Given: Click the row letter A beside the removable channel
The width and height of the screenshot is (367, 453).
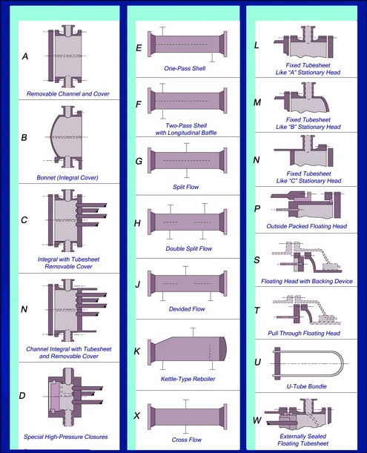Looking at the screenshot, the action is (x=25, y=56).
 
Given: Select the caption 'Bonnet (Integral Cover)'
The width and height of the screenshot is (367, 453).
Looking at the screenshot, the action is (x=67, y=177).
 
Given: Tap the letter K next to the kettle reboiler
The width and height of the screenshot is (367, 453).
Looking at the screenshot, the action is (x=137, y=351).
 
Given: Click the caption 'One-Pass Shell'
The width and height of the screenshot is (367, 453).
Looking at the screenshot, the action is (x=185, y=68).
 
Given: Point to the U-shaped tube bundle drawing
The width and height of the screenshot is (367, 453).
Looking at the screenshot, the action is (x=308, y=363).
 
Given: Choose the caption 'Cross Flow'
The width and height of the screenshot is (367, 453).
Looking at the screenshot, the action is (x=186, y=440).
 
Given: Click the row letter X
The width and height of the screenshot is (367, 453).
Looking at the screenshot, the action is (x=137, y=415).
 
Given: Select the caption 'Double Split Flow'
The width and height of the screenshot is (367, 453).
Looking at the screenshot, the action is (x=189, y=248).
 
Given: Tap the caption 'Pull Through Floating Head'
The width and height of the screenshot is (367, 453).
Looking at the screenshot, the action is (x=304, y=333).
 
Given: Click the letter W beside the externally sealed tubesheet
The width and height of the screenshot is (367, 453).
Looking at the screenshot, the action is (x=257, y=420).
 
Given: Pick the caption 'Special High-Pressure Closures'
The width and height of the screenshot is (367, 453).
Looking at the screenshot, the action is (x=65, y=437).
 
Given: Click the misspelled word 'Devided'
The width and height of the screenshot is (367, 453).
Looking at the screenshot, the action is (x=178, y=309).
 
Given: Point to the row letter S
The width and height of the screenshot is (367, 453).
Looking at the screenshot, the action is (x=257, y=260).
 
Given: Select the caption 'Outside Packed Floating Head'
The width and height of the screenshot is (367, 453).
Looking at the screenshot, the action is (x=307, y=226).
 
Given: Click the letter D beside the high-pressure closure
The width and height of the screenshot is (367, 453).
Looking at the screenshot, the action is (x=22, y=395).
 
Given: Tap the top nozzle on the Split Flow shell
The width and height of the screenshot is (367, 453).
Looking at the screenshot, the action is (x=187, y=148).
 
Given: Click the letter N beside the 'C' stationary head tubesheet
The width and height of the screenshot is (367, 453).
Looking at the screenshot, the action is (x=257, y=160).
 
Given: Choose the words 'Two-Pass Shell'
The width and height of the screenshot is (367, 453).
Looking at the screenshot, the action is (x=186, y=125).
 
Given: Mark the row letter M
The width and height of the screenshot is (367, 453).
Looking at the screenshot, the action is (x=257, y=102).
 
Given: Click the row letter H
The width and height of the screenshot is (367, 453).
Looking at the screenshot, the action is (x=137, y=223).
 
